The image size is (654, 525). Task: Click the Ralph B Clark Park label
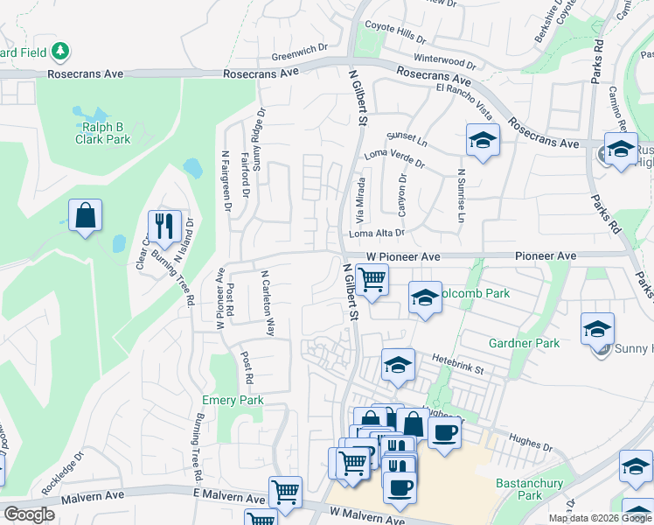(x=101, y=133)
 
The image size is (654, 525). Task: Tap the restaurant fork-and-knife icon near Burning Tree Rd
(x=164, y=227)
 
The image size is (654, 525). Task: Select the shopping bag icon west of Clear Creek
(x=85, y=215)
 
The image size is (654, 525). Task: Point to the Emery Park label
(x=233, y=400)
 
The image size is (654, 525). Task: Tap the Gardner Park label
(x=525, y=343)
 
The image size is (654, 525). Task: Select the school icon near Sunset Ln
(x=482, y=140)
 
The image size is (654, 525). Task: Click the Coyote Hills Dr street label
(x=395, y=32)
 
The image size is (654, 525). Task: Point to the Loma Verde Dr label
(x=394, y=159)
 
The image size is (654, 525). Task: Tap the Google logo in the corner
(x=29, y=514)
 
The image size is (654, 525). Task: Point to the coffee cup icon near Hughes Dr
(x=444, y=432)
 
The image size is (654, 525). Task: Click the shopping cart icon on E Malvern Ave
(x=285, y=493)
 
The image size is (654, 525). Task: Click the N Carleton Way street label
(x=268, y=304)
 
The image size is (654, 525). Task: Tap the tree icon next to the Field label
(x=60, y=52)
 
